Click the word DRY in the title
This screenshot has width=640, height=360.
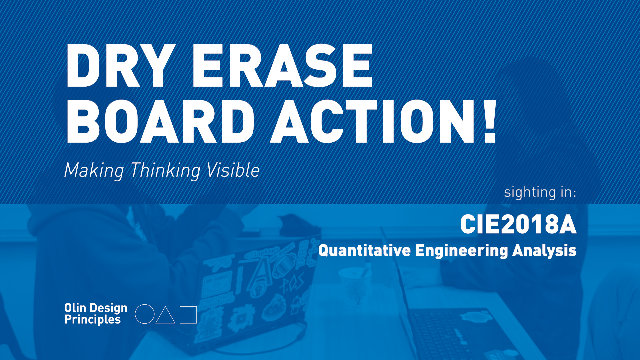121,65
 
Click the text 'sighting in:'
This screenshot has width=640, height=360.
540,193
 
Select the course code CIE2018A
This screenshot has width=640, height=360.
518,224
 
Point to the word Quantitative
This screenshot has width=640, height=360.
364,251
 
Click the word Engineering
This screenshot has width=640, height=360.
462,251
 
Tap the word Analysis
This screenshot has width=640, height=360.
544,251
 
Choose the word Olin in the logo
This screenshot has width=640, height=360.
75,308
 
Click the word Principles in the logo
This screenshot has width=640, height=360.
92,320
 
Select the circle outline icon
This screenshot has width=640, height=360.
145,314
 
